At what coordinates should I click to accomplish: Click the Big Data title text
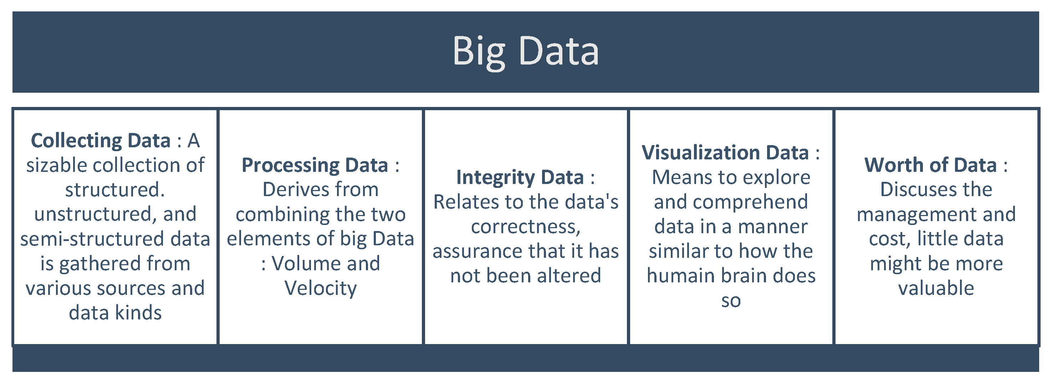(x=526, y=51)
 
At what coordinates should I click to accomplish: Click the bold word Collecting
(x=76, y=141)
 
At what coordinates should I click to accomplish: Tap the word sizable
(x=56, y=165)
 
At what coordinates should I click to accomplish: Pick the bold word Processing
(x=290, y=165)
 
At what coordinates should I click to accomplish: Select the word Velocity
(x=321, y=288)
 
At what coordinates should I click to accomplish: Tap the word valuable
(x=936, y=288)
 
